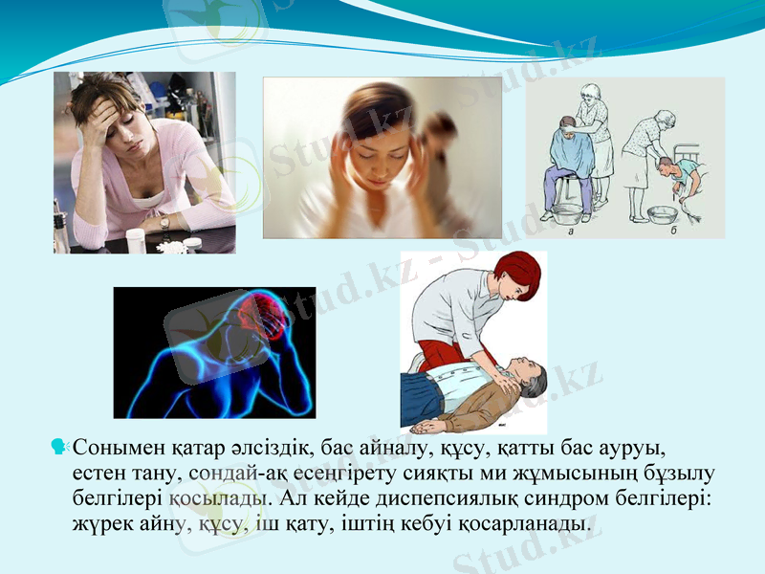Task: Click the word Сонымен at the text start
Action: pos(113,448)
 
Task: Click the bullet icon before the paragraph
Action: pos(58,446)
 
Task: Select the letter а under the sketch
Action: pos(570,232)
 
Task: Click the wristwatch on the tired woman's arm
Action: pos(164,222)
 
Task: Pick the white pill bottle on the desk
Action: pos(135,241)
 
